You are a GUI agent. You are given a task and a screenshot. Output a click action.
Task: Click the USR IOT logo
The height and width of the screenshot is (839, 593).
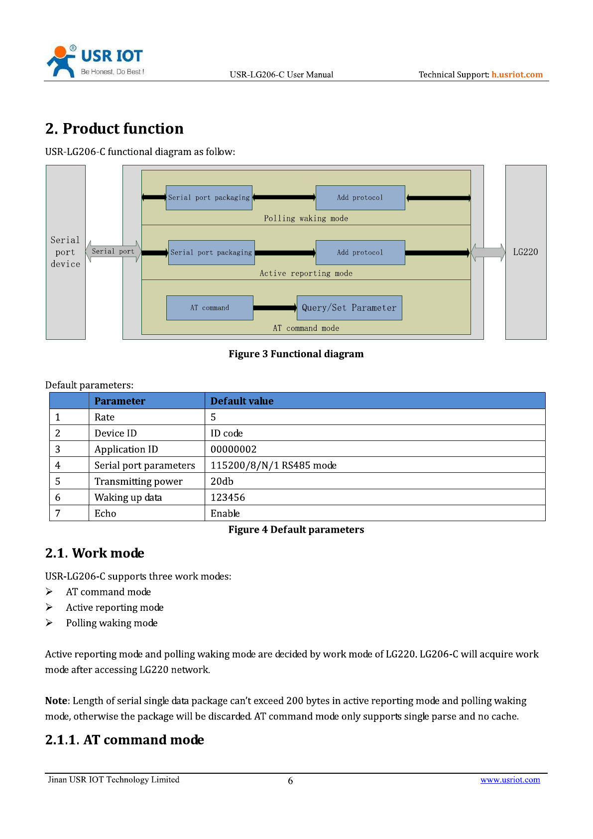[x=95, y=61]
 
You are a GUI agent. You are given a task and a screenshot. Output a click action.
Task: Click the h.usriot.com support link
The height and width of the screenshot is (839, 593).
[x=517, y=75]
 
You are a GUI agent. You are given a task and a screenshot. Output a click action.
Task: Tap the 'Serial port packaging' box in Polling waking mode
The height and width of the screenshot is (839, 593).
[x=209, y=198]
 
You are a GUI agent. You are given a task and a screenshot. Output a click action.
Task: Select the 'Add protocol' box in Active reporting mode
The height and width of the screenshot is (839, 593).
[x=360, y=253]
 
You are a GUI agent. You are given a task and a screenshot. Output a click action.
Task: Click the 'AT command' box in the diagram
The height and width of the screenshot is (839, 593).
[x=210, y=308]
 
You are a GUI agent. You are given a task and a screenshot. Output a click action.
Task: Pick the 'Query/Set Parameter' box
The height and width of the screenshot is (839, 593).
[x=349, y=308]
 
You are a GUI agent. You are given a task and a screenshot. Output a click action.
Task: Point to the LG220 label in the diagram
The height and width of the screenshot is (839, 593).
[x=525, y=252]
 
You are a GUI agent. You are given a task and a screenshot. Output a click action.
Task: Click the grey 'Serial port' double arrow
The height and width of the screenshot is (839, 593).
[x=113, y=252]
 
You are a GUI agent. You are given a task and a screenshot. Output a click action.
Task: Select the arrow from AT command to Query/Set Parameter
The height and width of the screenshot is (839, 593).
[x=275, y=308]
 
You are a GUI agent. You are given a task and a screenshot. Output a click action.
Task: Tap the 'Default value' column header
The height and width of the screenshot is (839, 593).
[x=242, y=401]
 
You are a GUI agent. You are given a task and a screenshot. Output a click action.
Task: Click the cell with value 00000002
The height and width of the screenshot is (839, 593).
[x=234, y=449]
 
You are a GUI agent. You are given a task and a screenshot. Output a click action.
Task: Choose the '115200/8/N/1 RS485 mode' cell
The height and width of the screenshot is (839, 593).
[x=273, y=465]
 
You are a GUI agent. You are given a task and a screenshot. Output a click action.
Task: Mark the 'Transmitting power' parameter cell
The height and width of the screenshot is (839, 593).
[x=138, y=481]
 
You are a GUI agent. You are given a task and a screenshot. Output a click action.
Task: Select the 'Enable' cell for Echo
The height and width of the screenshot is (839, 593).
[x=225, y=513]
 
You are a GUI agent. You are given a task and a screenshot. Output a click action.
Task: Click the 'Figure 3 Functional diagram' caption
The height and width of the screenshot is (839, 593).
[x=296, y=354]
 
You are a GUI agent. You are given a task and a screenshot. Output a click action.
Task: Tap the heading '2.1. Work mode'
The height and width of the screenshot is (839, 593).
[x=95, y=553]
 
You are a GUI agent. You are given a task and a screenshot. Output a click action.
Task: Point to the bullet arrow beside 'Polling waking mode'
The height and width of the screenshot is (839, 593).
[x=49, y=623]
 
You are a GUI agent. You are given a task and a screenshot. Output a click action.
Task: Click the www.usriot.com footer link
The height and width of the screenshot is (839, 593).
[x=510, y=780]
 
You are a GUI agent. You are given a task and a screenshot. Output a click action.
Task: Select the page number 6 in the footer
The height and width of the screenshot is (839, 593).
[x=290, y=781]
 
